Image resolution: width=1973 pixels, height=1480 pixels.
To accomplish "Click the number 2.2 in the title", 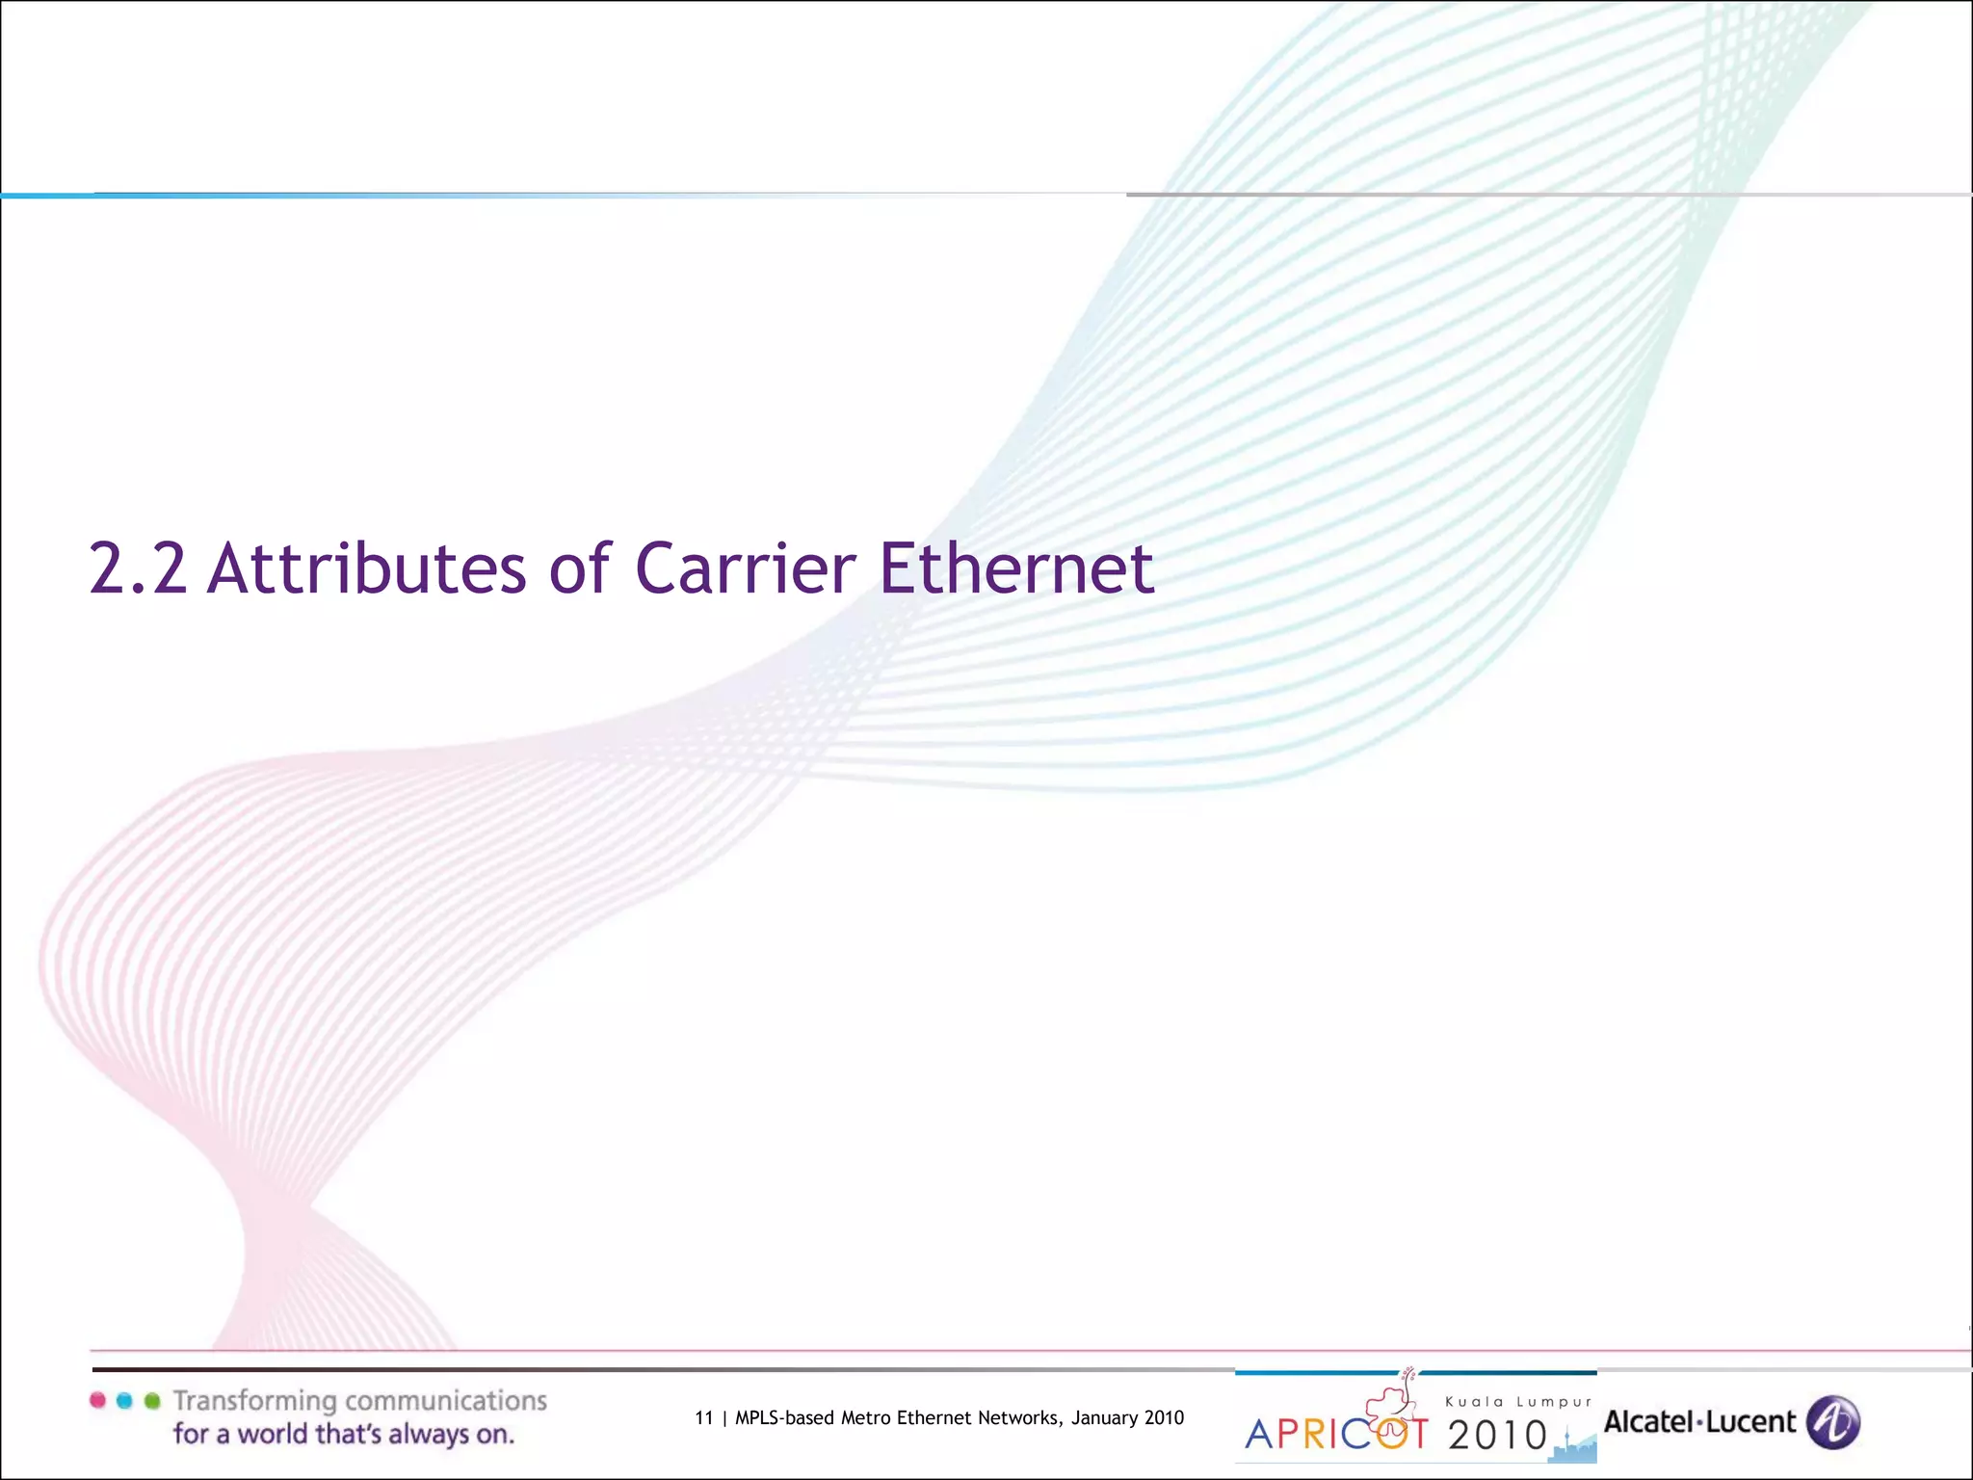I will point(138,568).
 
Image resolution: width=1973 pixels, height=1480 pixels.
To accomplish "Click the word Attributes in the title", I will point(367,568).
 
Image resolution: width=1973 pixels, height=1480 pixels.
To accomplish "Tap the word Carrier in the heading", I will point(745,568).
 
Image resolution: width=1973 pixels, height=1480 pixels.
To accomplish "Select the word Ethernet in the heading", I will point(1016,568).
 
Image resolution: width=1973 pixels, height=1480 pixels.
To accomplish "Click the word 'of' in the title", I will point(580,568).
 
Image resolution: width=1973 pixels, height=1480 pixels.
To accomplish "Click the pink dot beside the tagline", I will point(97,1400).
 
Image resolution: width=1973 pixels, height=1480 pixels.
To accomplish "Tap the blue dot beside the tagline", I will point(124,1400).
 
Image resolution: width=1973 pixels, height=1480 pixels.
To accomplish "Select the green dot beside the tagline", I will point(152,1400).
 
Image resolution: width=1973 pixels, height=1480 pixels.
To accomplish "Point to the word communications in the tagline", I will point(446,1400).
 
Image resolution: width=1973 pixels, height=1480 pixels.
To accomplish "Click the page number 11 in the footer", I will point(703,1417).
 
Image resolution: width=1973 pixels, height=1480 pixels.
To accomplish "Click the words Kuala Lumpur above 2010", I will point(1518,1402).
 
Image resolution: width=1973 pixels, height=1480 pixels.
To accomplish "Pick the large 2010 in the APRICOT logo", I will point(1497,1436).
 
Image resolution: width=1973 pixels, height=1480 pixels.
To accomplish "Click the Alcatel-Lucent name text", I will point(1699,1422).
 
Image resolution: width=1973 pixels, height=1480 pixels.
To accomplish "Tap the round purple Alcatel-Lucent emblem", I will point(1832,1422).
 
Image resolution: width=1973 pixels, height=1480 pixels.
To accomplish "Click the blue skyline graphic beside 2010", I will point(1574,1445).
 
